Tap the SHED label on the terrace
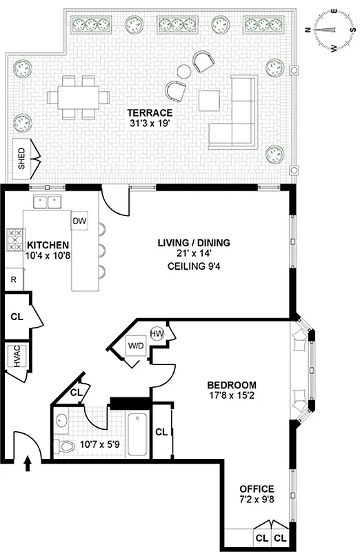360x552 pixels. pyautogui.click(x=21, y=158)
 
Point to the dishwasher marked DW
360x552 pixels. pyautogui.click(x=79, y=220)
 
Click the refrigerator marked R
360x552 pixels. pyautogui.click(x=13, y=279)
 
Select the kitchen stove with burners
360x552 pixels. pyautogui.click(x=13, y=240)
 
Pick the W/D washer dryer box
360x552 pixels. pyautogui.click(x=136, y=345)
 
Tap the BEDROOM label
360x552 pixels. pyautogui.click(x=232, y=385)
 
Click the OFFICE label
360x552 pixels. pyautogui.click(x=257, y=488)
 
